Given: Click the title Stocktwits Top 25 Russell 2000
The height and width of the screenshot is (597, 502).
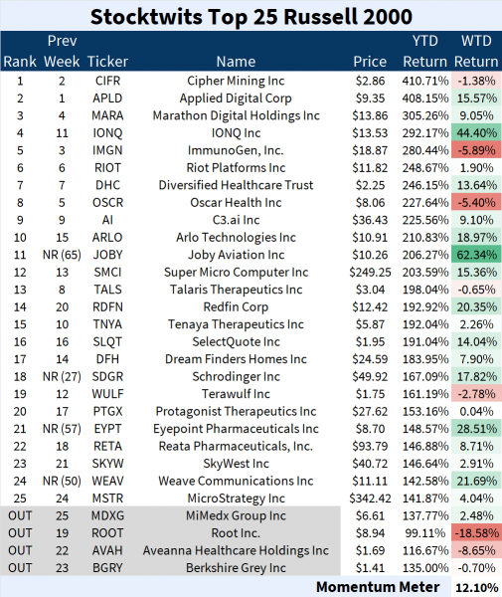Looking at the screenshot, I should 251,17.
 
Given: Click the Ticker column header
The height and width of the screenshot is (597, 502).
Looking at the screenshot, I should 107,62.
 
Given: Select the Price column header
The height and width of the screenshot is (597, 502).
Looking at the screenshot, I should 370,62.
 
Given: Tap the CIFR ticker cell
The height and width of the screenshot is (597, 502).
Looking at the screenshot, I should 107,80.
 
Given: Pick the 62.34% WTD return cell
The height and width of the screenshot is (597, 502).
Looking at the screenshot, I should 478,254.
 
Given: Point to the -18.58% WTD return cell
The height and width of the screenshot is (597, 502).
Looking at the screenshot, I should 476,533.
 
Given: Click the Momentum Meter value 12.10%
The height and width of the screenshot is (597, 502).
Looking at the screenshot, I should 478,586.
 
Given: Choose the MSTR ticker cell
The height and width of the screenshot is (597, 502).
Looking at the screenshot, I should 107,498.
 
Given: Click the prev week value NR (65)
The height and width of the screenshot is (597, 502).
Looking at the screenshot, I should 62,254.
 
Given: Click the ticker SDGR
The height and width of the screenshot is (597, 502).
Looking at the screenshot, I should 107,376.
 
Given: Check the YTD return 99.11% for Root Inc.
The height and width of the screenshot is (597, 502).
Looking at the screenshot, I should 425,533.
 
